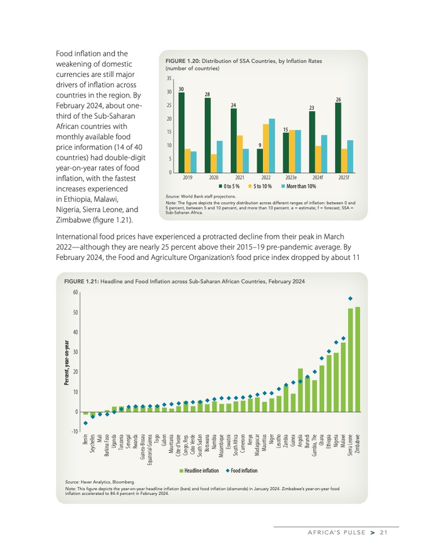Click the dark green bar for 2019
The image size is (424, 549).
coord(181,133)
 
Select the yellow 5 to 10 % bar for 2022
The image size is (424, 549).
coord(266,148)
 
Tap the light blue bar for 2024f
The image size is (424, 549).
coord(324,154)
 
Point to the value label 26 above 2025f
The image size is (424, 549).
coord(338,99)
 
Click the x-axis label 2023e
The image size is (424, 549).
coord(291,178)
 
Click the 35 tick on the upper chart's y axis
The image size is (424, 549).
coord(169,79)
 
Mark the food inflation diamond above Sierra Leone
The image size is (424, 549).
coord(350,298)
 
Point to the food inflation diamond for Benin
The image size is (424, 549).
coord(85,423)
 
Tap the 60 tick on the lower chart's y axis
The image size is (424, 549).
coord(75,293)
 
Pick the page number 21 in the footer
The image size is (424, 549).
coord(383,533)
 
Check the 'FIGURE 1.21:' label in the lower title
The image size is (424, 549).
coord(78,282)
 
